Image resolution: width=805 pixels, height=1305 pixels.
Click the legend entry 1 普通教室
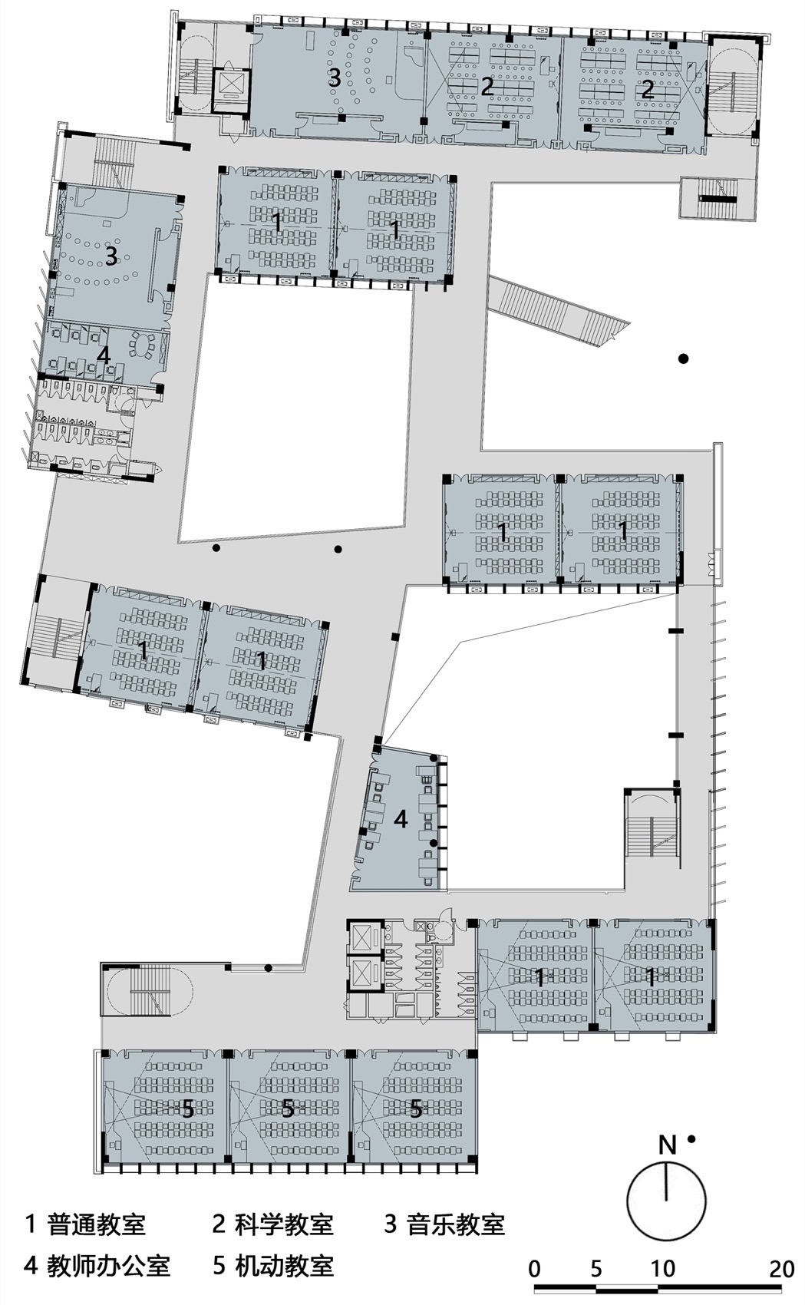click(x=85, y=1224)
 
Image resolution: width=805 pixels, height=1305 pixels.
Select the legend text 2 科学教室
click(x=272, y=1224)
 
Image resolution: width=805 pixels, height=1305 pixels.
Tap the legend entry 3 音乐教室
click(x=444, y=1224)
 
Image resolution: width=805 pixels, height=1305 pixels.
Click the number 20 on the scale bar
click(x=781, y=1268)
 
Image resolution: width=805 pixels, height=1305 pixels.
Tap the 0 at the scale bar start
click(x=535, y=1268)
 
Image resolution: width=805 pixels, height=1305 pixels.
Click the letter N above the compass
click(x=668, y=1146)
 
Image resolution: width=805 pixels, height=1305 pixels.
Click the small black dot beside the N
click(x=691, y=1140)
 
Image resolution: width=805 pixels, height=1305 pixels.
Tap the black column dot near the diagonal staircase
click(x=683, y=358)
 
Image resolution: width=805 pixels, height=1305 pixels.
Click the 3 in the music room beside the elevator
click(x=334, y=78)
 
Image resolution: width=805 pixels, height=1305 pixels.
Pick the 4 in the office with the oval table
click(x=104, y=355)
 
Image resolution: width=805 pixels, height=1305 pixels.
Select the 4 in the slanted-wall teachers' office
click(x=401, y=819)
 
